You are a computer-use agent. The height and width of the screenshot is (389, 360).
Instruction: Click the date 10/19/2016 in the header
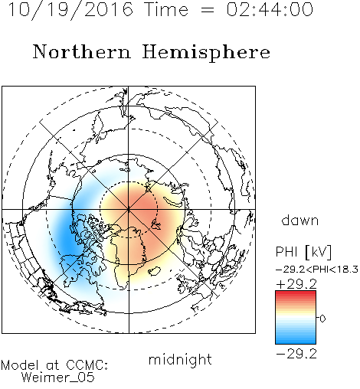(70, 10)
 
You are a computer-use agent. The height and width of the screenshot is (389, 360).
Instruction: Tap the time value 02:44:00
(270, 9)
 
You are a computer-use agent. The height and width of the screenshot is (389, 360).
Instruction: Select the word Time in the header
(166, 9)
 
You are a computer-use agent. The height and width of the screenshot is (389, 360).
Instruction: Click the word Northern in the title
(82, 51)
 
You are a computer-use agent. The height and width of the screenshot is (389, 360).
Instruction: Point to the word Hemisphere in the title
(206, 53)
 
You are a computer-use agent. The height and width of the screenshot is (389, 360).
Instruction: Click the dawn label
(300, 221)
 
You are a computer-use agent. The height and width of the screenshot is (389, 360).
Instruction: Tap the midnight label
(180, 359)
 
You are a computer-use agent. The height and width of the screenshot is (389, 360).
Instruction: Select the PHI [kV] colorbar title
(303, 252)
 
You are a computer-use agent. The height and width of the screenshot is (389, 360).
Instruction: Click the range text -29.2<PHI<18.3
(317, 270)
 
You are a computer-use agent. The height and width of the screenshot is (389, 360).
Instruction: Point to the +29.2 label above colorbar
(296, 284)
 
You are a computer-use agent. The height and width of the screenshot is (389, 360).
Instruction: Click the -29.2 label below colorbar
(296, 354)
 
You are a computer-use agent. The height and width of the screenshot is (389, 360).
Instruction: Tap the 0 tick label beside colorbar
(322, 319)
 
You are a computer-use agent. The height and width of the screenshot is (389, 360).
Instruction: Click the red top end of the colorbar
(296, 293)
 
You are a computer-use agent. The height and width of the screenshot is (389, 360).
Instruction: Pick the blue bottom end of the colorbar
(296, 342)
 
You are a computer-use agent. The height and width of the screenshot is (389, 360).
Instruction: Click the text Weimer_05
(58, 378)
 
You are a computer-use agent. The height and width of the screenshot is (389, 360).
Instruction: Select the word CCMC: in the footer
(87, 365)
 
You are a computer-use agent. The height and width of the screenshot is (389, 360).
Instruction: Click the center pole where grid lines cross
(129, 210)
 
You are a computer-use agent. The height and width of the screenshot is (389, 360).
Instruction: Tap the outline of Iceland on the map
(155, 271)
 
